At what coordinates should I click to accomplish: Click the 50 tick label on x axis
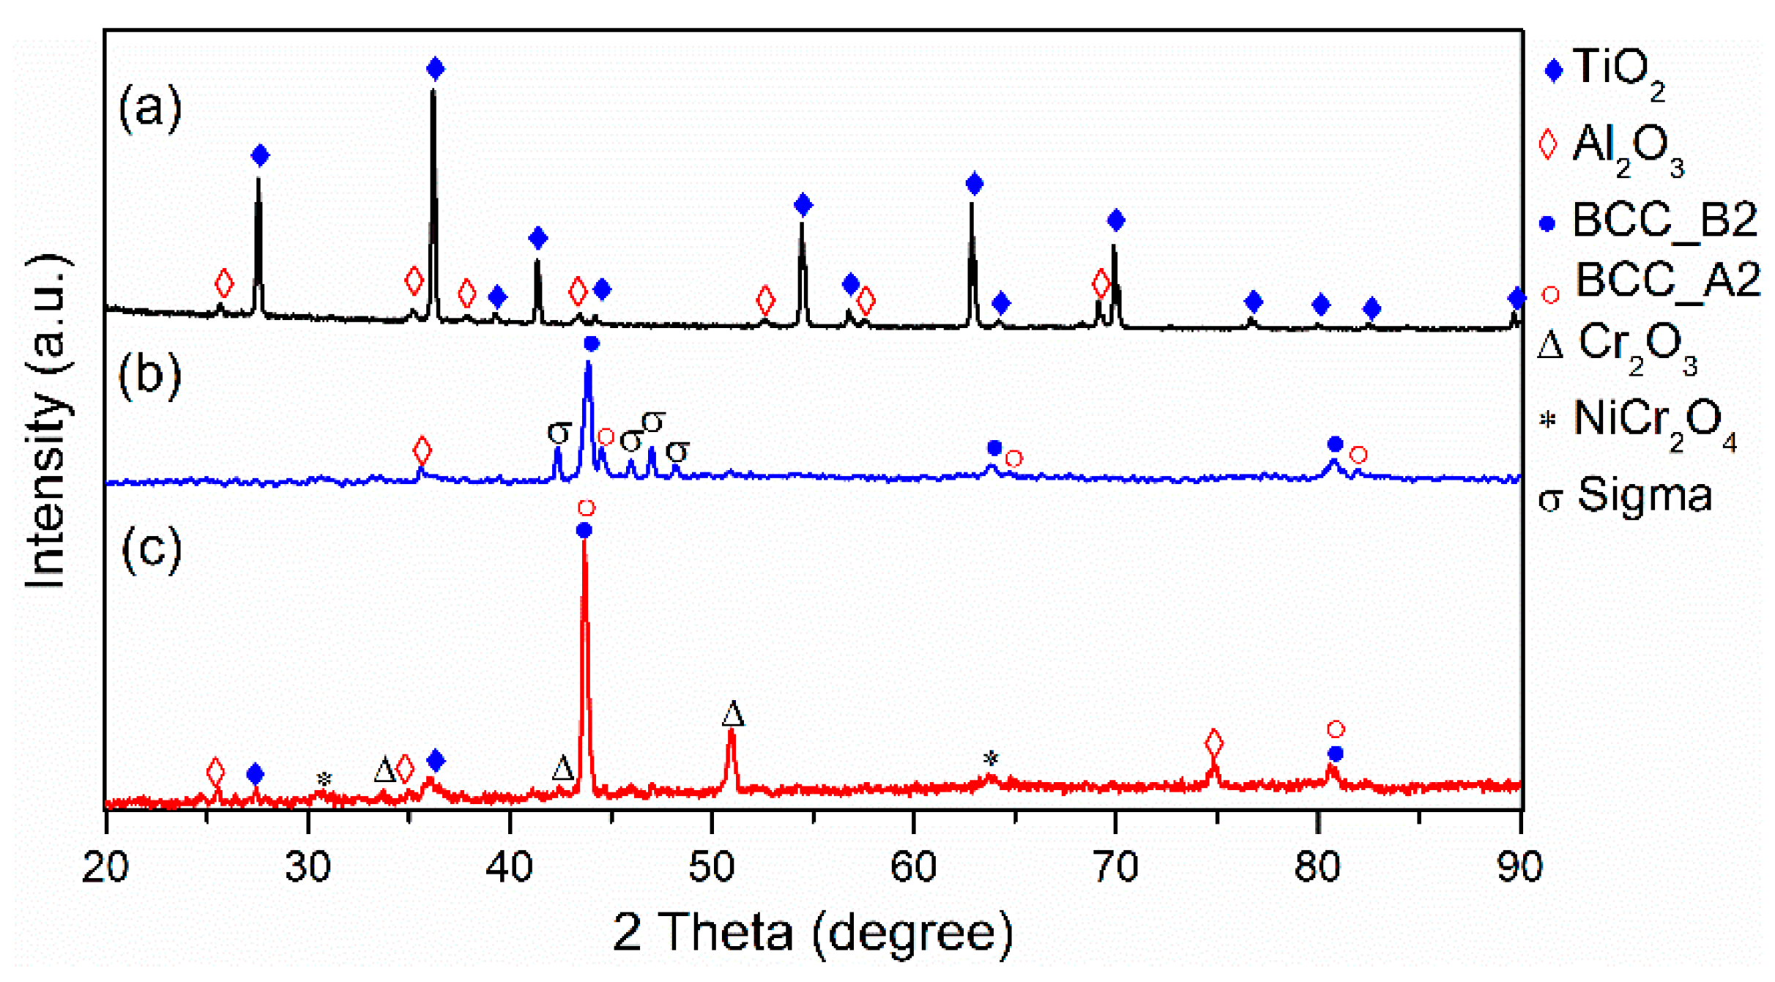711,867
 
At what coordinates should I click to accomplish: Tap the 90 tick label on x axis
1519,867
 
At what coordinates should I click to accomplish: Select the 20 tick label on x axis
105,867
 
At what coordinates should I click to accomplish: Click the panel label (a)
150,108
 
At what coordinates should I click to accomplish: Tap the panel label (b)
150,375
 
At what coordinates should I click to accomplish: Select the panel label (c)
152,548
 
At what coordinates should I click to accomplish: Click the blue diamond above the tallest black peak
435,69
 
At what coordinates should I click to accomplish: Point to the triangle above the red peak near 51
732,714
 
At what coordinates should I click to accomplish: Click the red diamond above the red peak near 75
1213,744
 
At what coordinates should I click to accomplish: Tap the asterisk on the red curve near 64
990,759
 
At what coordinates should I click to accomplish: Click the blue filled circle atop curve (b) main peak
592,343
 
